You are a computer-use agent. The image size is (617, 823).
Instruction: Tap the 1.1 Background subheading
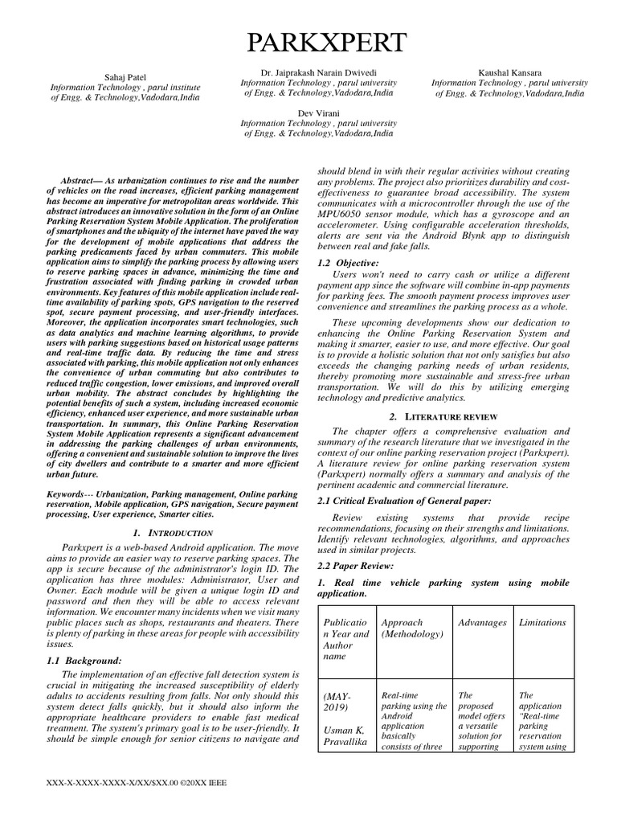coord(84,660)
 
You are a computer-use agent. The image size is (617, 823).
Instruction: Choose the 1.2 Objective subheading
coord(345,263)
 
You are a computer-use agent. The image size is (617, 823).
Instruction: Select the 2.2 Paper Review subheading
coord(352,565)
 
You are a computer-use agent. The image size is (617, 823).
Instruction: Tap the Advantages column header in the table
coord(482,623)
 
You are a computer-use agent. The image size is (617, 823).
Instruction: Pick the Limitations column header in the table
coord(542,623)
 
